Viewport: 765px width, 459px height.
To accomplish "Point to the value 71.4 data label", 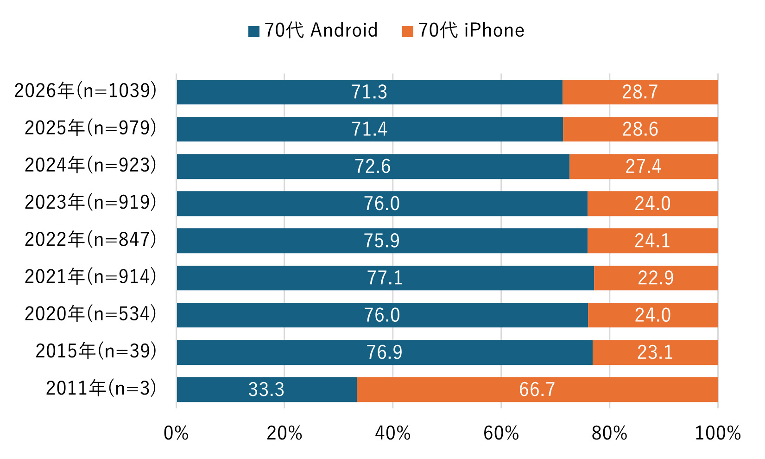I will (369, 129).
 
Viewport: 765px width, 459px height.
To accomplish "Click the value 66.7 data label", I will (537, 389).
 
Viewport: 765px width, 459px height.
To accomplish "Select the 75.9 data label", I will (381, 241).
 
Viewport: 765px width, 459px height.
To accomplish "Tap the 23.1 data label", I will (655, 352).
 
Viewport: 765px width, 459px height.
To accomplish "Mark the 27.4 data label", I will (643, 166).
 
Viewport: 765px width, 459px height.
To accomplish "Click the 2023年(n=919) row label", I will (90, 203).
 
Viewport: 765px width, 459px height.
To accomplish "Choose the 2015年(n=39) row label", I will (96, 351).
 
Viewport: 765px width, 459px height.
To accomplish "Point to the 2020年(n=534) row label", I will (90, 314).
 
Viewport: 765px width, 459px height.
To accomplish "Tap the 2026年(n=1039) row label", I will (85, 91).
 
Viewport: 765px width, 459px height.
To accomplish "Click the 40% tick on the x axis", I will (392, 433).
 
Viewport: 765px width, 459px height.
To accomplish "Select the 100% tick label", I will (717, 433).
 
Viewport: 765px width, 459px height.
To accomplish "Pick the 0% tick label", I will (176, 433).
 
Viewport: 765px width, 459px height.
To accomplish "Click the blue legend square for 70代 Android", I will (254, 31).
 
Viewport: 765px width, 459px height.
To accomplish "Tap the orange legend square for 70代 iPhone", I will (408, 31).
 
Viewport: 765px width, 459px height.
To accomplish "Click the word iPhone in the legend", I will (494, 31).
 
